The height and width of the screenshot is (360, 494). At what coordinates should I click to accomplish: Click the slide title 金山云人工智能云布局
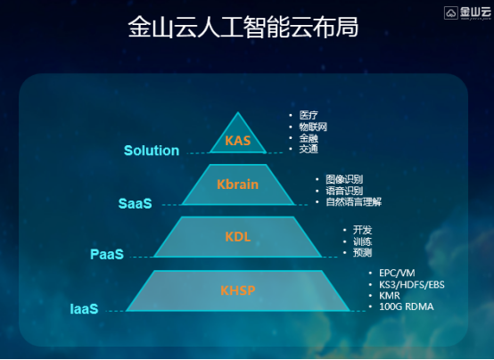243,27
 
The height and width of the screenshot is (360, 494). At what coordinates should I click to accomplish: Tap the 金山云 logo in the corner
467,13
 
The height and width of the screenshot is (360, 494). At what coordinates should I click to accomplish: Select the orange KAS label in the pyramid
238,141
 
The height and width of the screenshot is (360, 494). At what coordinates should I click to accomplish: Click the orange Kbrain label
237,184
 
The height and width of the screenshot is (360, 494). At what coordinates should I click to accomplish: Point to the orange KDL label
238,237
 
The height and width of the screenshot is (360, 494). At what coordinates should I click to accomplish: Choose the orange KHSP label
238,290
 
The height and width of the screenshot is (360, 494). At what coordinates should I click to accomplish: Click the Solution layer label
152,151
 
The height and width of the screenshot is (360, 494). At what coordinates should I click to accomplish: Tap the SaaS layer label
136,203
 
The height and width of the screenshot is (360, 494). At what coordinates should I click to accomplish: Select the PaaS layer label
107,254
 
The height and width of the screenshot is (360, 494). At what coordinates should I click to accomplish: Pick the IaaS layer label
84,309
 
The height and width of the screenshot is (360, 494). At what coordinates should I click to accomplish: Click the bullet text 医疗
309,115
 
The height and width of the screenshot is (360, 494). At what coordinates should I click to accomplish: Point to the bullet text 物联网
313,127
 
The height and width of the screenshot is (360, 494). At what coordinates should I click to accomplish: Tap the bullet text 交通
309,149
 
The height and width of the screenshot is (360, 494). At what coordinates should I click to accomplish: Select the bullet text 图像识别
344,179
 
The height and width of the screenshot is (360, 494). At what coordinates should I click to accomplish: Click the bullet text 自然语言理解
353,201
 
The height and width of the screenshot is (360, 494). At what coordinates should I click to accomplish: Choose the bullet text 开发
362,230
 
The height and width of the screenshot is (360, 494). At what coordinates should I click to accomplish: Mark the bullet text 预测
362,252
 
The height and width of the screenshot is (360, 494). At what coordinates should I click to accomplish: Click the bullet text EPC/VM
397,273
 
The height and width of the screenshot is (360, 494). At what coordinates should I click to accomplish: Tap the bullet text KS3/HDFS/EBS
412,285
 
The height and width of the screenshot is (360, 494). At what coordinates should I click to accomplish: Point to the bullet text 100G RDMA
407,307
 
